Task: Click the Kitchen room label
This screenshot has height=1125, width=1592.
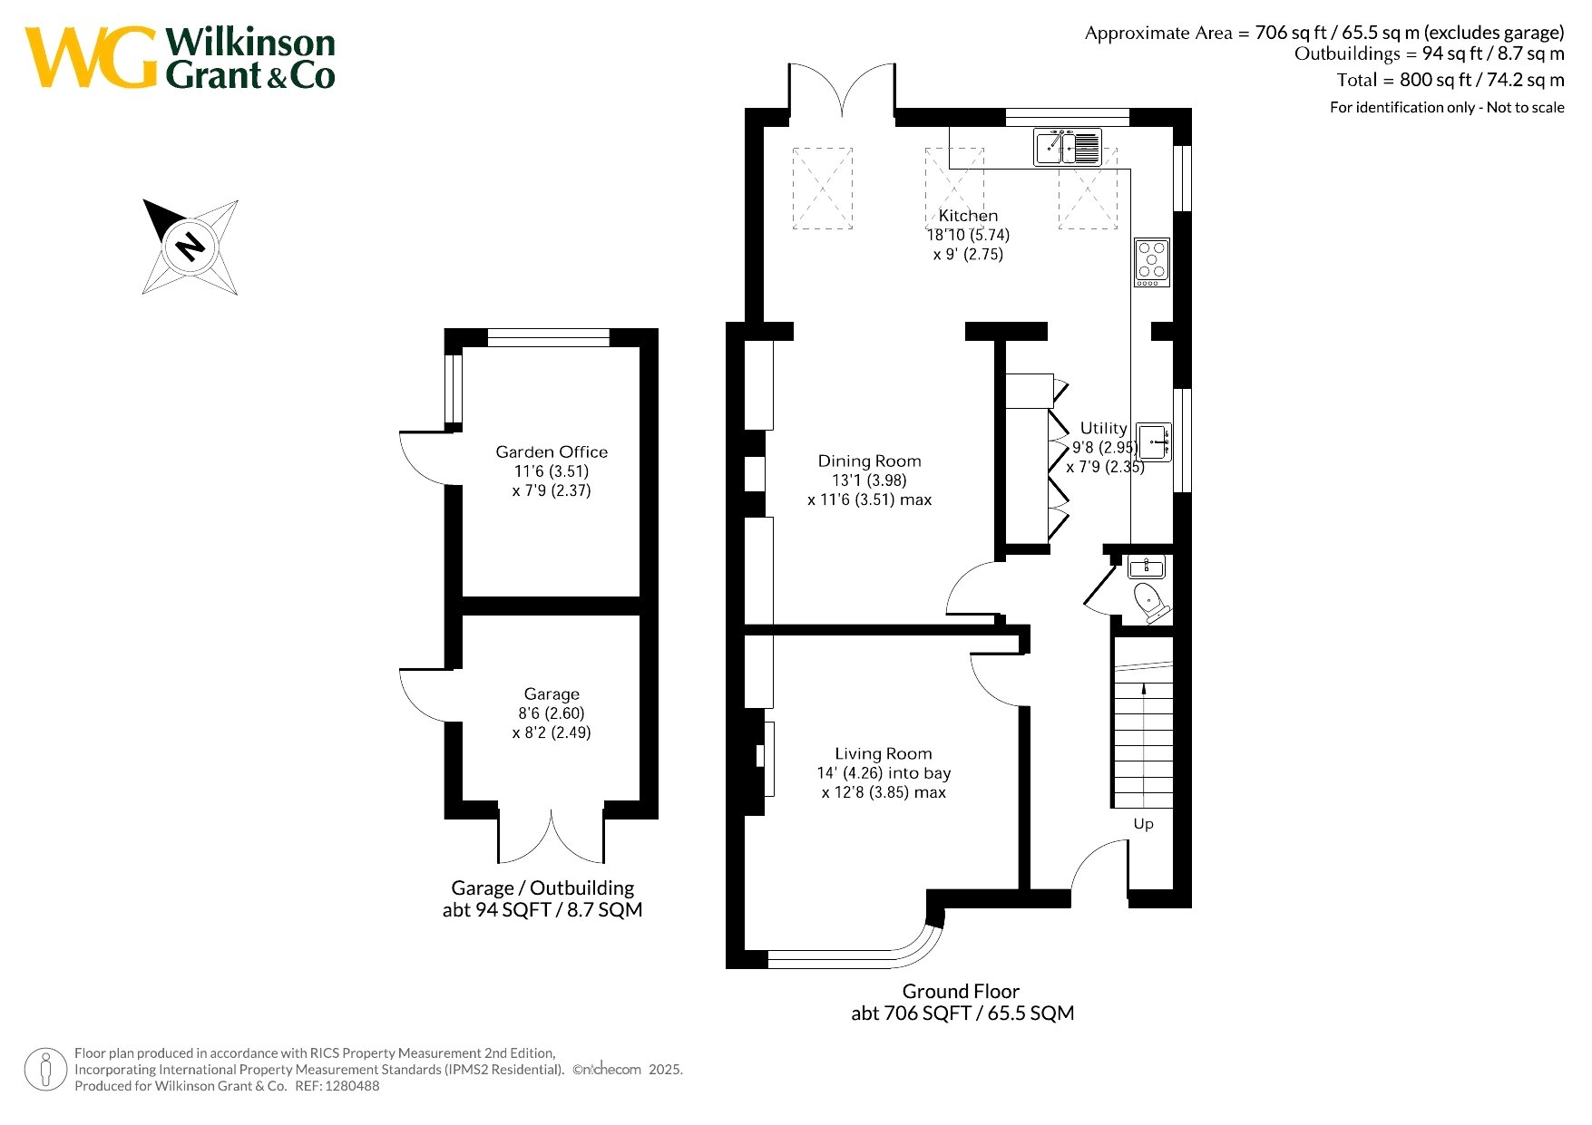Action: [968, 216]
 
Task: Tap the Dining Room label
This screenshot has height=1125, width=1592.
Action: [869, 461]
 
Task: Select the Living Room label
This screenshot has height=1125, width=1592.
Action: [884, 754]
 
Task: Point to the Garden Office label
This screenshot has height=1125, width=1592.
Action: [552, 451]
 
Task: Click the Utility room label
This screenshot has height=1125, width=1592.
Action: [1103, 428]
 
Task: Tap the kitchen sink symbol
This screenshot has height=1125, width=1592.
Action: [1068, 147]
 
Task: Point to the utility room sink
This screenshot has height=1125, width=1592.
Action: [1154, 442]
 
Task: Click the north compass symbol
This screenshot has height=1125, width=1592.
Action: [190, 247]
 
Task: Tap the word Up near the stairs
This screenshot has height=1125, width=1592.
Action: [1143, 824]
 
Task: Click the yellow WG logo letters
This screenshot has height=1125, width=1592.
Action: [91, 57]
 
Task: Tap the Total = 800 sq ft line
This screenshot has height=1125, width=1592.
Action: [1450, 80]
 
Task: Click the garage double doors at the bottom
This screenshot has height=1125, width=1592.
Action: [551, 836]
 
